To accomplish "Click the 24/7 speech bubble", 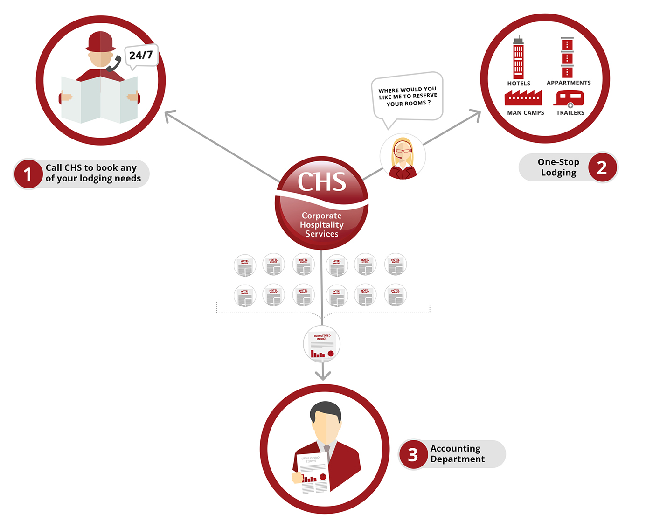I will (x=141, y=56).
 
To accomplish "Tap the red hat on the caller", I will (x=101, y=42).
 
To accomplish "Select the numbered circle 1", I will (x=28, y=174).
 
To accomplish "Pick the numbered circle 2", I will (x=602, y=167).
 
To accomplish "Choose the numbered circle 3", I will (x=413, y=454).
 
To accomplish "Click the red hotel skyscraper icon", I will (x=518, y=58).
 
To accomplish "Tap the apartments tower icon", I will (x=567, y=57).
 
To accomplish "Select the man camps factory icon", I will (x=523, y=97).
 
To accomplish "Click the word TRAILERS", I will (x=570, y=113).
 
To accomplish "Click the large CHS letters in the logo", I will (x=322, y=181).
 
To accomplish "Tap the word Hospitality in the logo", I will (x=322, y=225).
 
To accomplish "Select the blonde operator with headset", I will (x=403, y=157).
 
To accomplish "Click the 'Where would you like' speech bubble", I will (x=407, y=97).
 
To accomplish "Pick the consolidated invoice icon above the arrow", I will (x=322, y=345).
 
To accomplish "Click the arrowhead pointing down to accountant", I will (x=323, y=376).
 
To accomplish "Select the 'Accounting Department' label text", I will (x=457, y=453).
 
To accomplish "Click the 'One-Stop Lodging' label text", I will (x=558, y=167).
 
